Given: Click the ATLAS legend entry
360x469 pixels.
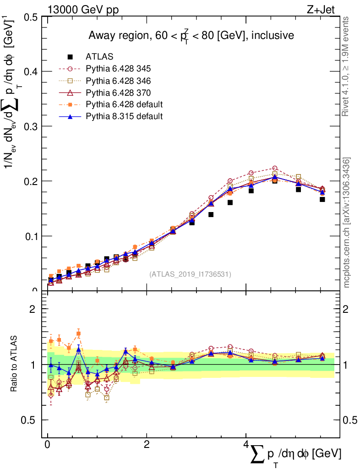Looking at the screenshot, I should point(99,57).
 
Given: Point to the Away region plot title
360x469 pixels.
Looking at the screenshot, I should point(191,36).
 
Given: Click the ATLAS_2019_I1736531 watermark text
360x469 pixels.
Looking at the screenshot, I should point(190,274).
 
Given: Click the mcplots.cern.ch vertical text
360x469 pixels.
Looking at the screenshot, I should point(347,222).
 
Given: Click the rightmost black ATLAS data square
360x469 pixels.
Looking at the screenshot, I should point(322,199).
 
